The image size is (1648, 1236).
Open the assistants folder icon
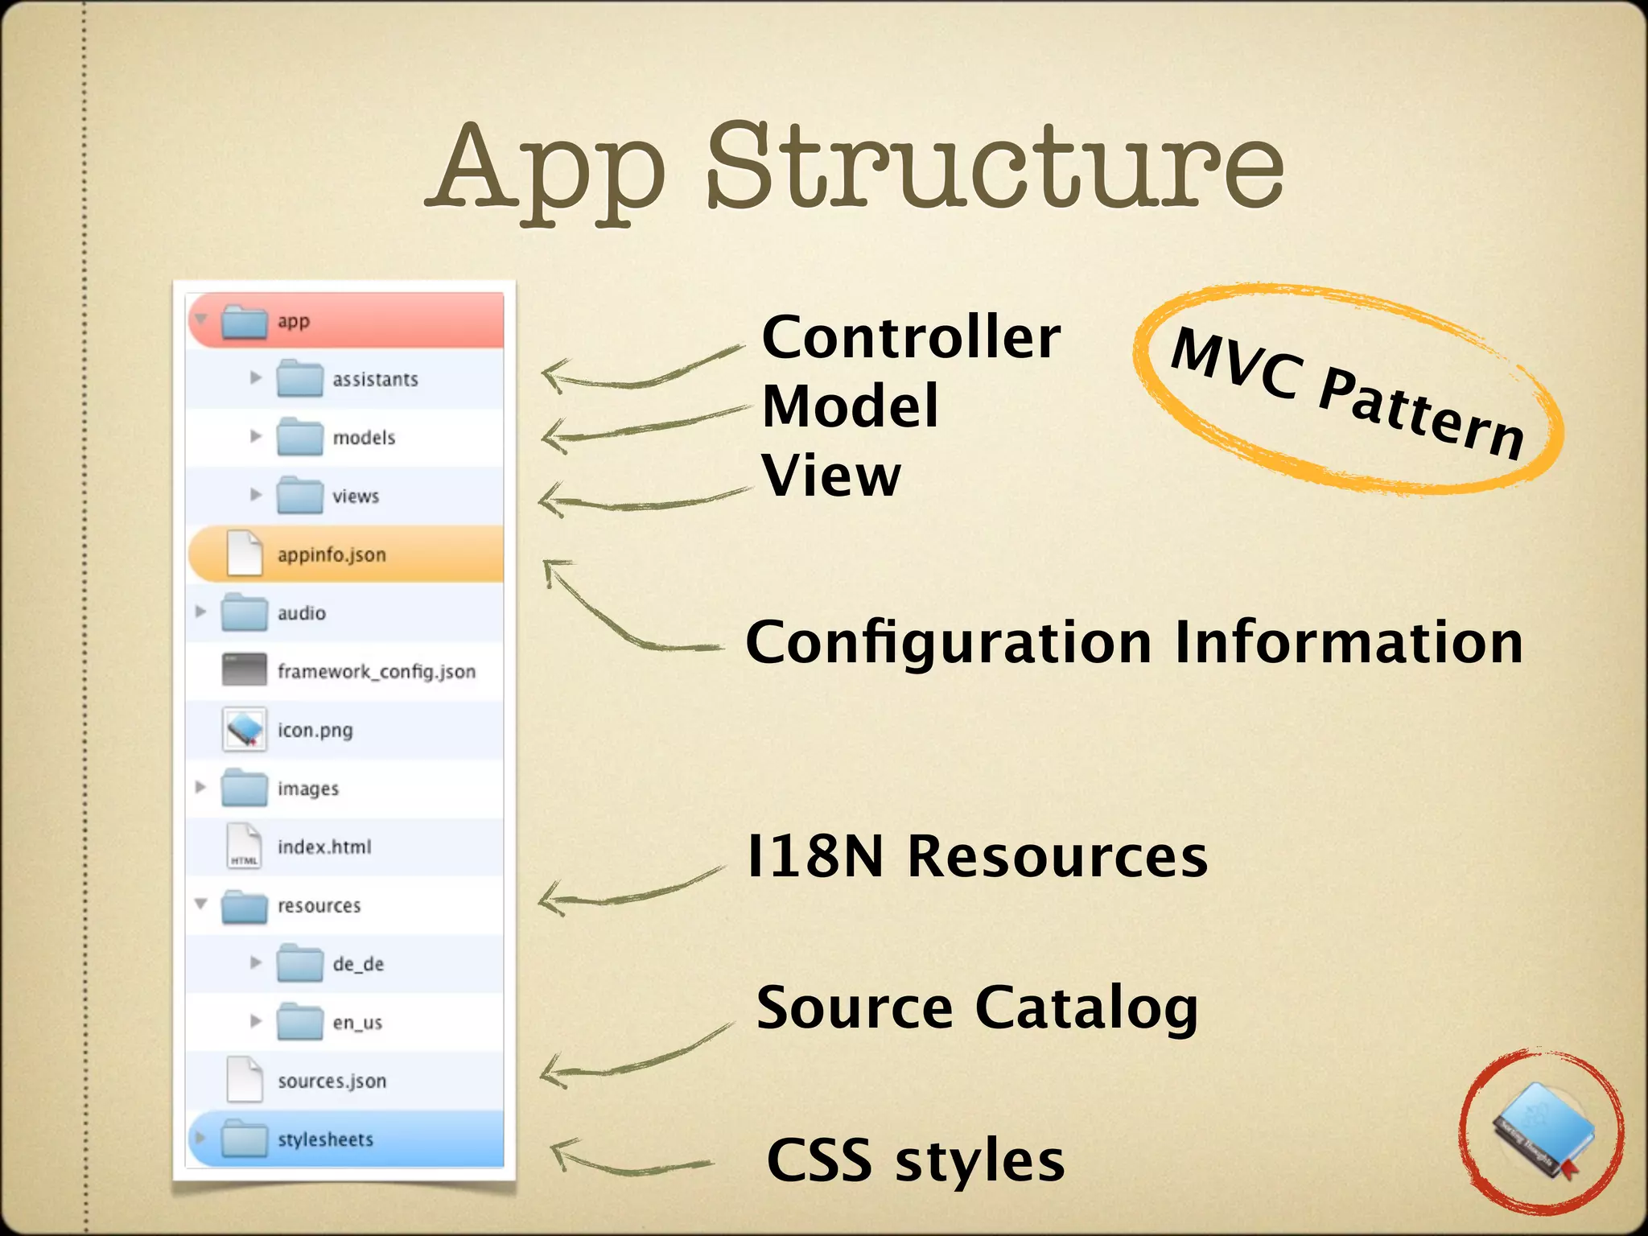pos(299,378)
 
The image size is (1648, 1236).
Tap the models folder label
pos(364,438)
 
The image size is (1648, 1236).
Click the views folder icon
pos(299,496)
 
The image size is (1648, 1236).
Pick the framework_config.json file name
pos(376,671)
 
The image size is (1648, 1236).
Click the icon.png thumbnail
pos(244,730)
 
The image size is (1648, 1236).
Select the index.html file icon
pos(244,847)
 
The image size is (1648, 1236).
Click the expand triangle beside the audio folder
pos(200,612)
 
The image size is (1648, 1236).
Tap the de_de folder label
pos(358,964)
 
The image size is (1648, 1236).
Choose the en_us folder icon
pos(299,1022)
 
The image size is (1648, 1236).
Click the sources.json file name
pos(332,1081)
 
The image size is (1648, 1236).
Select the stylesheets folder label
pos(325,1139)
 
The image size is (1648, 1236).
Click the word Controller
pos(910,337)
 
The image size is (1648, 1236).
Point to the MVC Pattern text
pos(1347,393)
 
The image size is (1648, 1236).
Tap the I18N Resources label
pos(976,856)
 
